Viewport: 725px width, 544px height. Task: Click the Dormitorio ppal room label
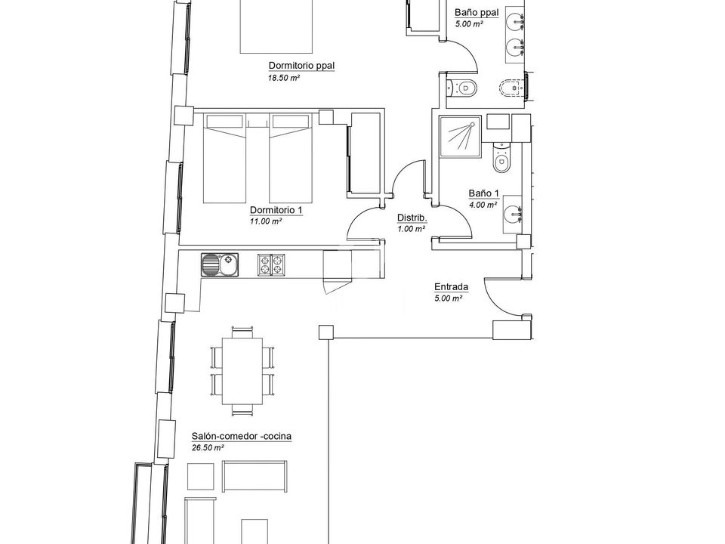click(x=301, y=66)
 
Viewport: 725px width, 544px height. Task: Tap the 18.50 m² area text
click(x=284, y=78)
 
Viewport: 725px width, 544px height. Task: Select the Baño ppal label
click(x=477, y=13)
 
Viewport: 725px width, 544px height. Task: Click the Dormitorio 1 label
click(x=276, y=210)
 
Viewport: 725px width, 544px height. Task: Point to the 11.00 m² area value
click(x=266, y=221)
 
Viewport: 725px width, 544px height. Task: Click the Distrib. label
click(x=412, y=218)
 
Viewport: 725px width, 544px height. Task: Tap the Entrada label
click(x=452, y=287)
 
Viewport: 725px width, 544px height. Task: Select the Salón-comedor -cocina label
click(x=242, y=436)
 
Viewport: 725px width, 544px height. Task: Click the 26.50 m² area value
click(x=208, y=448)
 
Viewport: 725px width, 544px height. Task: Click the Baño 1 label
click(x=483, y=193)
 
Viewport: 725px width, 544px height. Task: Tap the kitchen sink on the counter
click(x=220, y=265)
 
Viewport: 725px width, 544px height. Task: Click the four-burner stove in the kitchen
click(x=271, y=265)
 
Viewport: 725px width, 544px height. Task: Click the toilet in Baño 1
click(x=501, y=157)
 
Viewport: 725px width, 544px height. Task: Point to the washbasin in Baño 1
click(x=512, y=214)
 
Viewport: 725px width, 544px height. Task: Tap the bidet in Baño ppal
click(x=512, y=86)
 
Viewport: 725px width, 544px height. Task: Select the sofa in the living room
click(x=254, y=476)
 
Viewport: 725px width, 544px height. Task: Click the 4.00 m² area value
click(x=483, y=205)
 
